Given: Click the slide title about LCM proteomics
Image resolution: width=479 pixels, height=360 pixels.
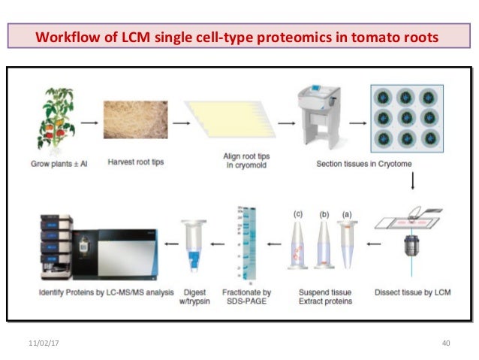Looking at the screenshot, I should coord(238,36).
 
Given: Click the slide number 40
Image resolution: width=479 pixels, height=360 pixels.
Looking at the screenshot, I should coord(445,343).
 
